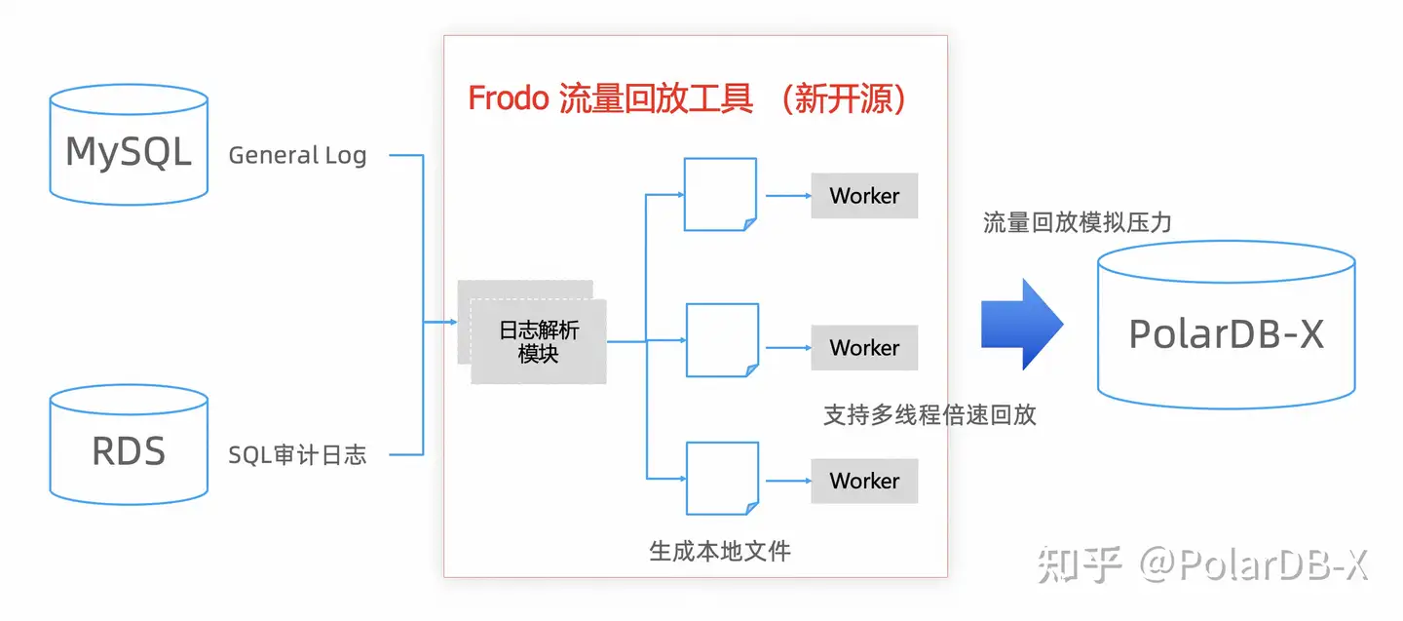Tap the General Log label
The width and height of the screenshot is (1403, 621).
(297, 155)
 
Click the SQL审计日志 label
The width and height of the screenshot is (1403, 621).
(297, 454)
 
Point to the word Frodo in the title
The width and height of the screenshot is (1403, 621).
(508, 98)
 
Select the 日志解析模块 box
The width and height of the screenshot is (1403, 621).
(538, 341)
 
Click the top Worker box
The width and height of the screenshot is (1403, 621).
(864, 196)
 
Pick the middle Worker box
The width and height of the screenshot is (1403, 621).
(864, 348)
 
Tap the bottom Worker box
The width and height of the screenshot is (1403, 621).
(864, 481)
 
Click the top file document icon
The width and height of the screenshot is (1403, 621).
(720, 194)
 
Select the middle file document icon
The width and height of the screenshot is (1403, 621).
(722, 340)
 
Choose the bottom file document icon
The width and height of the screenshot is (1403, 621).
(722, 478)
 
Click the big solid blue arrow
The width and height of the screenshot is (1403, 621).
(1020, 324)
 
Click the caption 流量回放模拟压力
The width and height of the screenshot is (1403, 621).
(1077, 223)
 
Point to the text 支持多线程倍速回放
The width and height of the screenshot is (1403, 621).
(929, 415)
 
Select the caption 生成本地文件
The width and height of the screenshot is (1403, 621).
(720, 551)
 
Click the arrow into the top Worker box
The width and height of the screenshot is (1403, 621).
(787, 196)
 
